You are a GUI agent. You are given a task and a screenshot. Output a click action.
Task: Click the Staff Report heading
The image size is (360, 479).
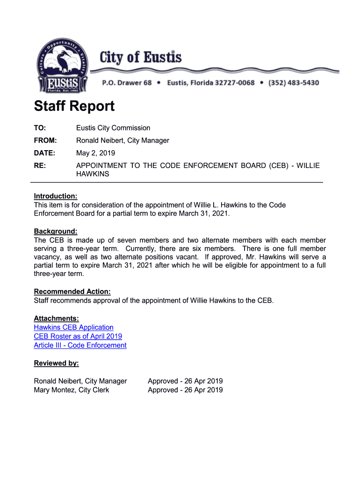pyautogui.click(x=74, y=106)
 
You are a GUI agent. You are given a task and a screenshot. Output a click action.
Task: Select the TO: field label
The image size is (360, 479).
pyautogui.click(x=40, y=128)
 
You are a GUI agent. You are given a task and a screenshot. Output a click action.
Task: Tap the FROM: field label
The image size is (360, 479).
pyautogui.click(x=45, y=140)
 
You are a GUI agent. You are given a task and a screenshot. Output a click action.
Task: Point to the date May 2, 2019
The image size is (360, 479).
pyautogui.click(x=95, y=153)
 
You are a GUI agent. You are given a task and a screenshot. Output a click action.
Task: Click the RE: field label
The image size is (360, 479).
pyautogui.click(x=40, y=166)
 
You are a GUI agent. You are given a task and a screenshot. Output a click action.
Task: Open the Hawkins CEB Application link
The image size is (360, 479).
pyautogui.click(x=73, y=327)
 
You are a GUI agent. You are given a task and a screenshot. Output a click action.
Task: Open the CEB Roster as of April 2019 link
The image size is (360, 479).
pyautogui.click(x=78, y=336)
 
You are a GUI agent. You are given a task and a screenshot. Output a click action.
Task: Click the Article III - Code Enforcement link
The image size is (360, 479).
pyautogui.click(x=80, y=345)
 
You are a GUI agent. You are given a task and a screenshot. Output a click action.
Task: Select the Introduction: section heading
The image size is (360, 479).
pyautogui.click(x=55, y=196)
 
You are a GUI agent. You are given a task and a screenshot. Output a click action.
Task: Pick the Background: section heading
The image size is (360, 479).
pyautogui.click(x=55, y=232)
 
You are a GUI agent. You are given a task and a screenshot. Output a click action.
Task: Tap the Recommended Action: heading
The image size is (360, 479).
pyautogui.click(x=72, y=291)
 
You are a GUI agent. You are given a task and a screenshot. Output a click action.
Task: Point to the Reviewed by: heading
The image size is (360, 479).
pyautogui.click(x=56, y=363)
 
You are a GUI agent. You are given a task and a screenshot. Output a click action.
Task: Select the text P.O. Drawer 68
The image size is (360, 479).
pyautogui.click(x=127, y=83)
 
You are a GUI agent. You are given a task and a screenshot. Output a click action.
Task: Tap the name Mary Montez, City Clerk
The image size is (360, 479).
pyautogui.click(x=71, y=390)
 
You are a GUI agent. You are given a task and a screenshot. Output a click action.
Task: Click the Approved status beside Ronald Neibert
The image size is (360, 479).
pyautogui.click(x=185, y=381)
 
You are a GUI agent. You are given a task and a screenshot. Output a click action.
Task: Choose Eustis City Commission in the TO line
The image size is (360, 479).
pyautogui.click(x=113, y=128)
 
